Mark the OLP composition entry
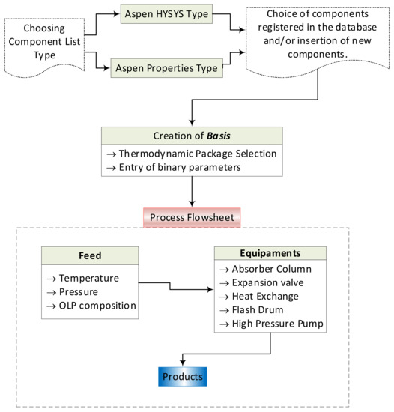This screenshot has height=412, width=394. pos(92,305)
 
